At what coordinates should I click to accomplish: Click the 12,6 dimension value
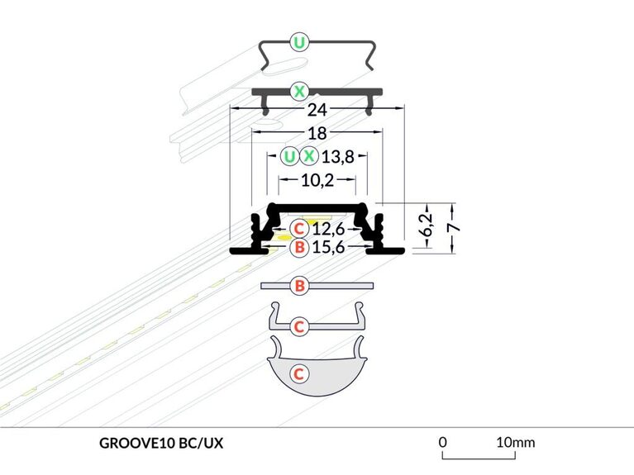(x=328, y=228)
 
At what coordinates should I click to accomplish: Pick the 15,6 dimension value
(x=328, y=246)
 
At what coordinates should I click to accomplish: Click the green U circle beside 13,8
(x=288, y=156)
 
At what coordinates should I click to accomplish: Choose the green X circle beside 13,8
(x=308, y=156)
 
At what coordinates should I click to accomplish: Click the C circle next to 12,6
(x=299, y=228)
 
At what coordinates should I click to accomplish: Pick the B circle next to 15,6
(x=299, y=246)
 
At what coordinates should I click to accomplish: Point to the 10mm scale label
(x=515, y=442)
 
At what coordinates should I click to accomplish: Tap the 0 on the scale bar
(x=443, y=442)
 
